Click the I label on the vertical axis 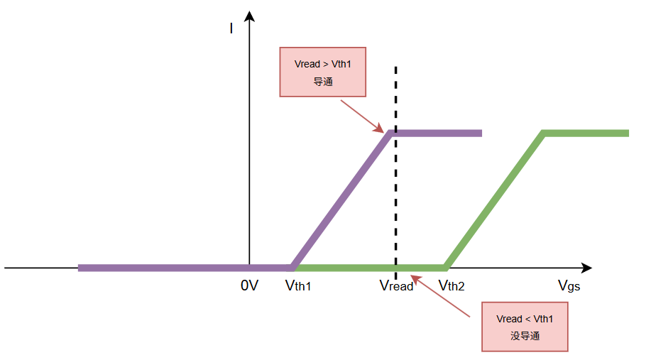click(231, 28)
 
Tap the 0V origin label click(249, 285)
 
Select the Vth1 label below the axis click(298, 285)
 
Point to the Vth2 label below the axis click(452, 285)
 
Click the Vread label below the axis click(396, 286)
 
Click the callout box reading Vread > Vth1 click(323, 72)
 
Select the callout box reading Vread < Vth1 click(525, 327)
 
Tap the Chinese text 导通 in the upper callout click(323, 81)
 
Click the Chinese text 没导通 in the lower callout click(525, 336)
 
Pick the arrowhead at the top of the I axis click(249, 16)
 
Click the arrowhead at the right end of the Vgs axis click(586, 268)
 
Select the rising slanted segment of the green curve click(495, 200)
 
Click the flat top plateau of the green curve click(586, 133)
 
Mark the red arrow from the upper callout click(362, 116)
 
